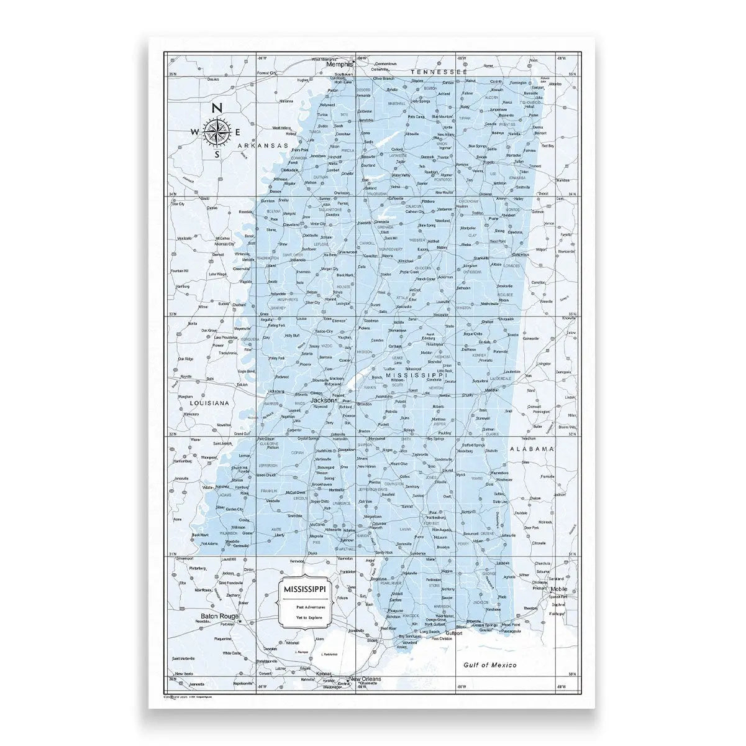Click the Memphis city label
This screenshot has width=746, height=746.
(x=339, y=64)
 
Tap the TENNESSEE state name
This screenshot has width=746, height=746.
(x=439, y=72)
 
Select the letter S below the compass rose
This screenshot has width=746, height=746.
(x=217, y=155)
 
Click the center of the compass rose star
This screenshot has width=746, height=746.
(x=217, y=131)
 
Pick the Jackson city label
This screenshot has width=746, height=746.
(x=322, y=400)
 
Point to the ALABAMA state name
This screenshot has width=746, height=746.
(x=531, y=448)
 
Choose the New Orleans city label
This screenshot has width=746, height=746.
(x=365, y=679)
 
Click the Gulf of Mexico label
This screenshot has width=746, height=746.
(x=491, y=665)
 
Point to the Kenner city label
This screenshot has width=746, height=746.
(x=324, y=674)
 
